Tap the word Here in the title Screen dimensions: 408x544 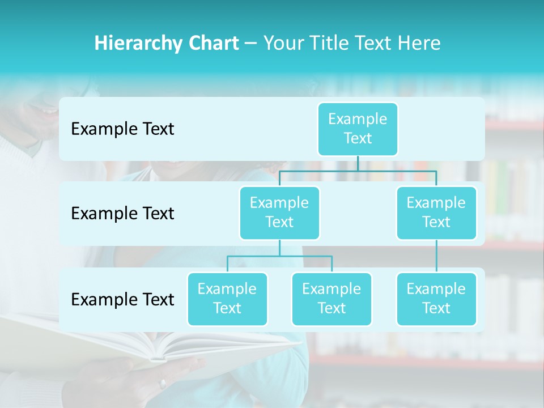tap(417, 44)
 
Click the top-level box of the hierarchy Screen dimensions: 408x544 tap(358, 129)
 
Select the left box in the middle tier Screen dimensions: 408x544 tap(279, 212)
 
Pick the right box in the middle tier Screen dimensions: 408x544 tap(436, 212)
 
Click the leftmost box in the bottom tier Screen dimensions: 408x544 tap(227, 299)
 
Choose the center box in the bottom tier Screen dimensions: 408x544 tap(331, 299)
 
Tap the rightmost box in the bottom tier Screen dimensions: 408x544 tap(436, 299)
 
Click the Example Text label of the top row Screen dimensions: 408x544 tap(122, 129)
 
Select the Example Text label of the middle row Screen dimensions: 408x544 tap(122, 213)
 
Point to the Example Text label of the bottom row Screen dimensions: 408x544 tap(122, 299)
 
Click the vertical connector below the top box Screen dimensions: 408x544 tap(358, 163)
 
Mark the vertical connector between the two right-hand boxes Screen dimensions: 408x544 tap(436, 256)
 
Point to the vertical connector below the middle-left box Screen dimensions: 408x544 tap(279, 248)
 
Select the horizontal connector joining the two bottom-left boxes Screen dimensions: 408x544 tap(279, 256)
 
